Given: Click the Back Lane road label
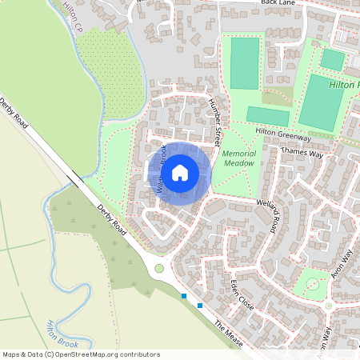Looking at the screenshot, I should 278,4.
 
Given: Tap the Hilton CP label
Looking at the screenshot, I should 73,17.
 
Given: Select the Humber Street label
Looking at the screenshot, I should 214,116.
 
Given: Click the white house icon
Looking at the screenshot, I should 180,173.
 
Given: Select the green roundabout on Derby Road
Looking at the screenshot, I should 159,269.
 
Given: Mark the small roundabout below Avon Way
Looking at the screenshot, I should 328,305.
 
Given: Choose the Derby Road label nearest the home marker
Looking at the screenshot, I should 112,219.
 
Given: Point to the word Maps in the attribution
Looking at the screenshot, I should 12,354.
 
